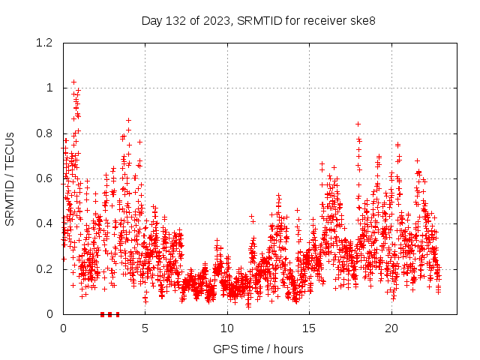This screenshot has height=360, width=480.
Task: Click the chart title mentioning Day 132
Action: (259, 20)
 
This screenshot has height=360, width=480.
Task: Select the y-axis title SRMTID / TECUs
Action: (10, 179)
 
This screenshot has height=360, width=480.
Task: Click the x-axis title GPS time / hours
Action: (259, 349)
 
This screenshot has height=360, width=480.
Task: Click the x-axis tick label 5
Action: (145, 328)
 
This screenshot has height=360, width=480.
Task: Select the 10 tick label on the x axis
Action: (227, 328)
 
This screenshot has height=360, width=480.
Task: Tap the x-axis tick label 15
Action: (309, 328)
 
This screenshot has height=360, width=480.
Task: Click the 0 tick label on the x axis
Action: (64, 328)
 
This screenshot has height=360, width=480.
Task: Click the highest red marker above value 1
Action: (73, 82)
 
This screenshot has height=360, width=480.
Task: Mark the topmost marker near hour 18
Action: (358, 124)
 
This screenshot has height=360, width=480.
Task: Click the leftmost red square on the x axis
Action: (103, 314)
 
